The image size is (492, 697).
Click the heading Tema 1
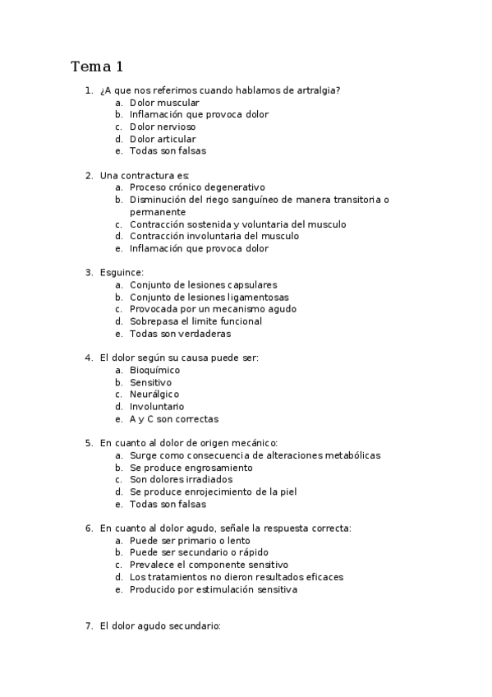point(97,66)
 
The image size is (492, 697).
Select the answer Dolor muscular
point(164,103)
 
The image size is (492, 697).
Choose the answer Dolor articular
point(163,139)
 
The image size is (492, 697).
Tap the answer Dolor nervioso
point(163,127)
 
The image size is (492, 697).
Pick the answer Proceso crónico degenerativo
point(197,187)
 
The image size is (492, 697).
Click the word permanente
point(158,212)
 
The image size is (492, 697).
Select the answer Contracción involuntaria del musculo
point(214,236)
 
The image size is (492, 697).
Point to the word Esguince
point(121,272)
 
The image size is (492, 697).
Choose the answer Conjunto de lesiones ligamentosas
point(209,297)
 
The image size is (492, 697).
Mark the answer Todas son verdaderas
point(180,334)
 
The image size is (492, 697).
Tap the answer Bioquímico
point(154,370)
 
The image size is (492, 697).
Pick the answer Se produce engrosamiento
point(191,468)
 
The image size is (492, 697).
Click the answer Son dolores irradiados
point(181,479)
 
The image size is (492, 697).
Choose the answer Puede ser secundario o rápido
point(199,552)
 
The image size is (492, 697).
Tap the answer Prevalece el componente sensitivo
point(209,565)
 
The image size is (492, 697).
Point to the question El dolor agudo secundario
point(160,625)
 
